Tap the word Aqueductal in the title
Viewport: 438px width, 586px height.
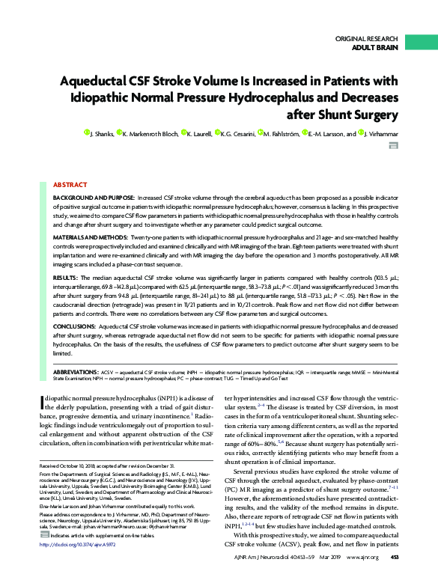click(x=103, y=80)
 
